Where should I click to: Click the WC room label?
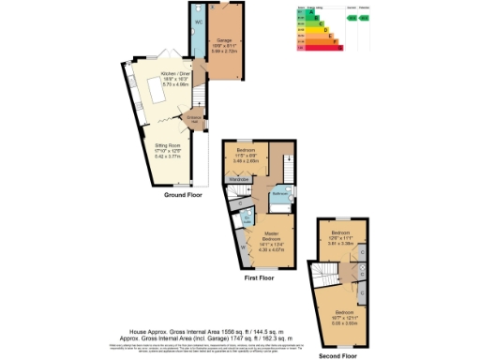click(199, 21)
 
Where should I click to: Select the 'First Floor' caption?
click(259, 278)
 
